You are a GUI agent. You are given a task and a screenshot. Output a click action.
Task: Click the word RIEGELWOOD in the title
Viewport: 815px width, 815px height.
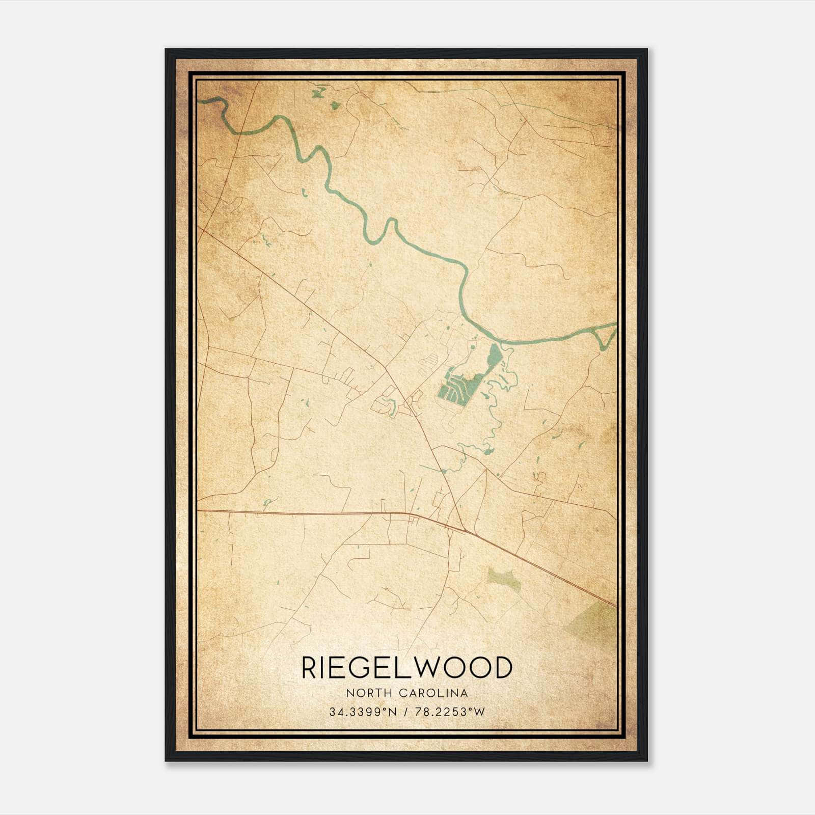click(x=406, y=668)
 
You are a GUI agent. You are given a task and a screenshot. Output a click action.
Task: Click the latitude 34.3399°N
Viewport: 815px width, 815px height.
click(x=362, y=712)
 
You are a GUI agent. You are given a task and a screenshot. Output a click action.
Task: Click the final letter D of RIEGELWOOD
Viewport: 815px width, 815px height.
click(x=502, y=668)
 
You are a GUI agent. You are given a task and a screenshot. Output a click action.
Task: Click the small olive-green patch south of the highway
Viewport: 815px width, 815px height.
click(x=503, y=578)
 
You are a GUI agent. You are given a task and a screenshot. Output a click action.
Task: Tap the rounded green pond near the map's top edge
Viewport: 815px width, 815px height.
click(x=335, y=105)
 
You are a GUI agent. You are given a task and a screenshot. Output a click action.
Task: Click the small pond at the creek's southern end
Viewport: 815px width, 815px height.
click(x=490, y=450)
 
